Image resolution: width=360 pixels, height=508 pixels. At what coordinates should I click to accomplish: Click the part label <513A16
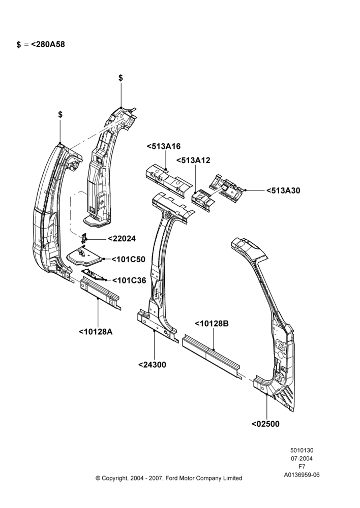click(x=163, y=146)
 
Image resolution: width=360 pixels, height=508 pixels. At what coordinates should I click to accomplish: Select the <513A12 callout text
click(x=193, y=161)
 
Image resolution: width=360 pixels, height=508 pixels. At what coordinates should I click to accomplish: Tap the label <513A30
click(x=283, y=190)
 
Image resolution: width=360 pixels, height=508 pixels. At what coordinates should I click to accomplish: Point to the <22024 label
click(x=122, y=239)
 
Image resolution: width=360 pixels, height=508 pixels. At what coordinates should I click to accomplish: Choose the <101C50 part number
click(x=129, y=260)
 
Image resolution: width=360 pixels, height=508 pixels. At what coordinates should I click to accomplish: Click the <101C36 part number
click(x=129, y=280)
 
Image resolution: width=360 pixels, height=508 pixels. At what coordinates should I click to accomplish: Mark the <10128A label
click(x=96, y=332)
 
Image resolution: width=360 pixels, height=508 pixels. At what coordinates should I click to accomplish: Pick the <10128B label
click(x=212, y=324)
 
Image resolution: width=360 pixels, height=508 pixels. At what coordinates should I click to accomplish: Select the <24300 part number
click(x=152, y=365)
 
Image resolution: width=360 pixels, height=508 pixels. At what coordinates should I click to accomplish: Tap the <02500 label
click(x=265, y=424)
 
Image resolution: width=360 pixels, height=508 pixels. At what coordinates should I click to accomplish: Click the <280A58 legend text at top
click(x=48, y=44)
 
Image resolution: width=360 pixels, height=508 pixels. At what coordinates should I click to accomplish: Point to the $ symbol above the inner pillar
click(x=121, y=78)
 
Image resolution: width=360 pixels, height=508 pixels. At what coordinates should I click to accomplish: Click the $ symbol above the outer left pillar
click(x=61, y=114)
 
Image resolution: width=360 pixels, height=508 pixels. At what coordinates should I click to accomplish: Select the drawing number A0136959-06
click(x=302, y=475)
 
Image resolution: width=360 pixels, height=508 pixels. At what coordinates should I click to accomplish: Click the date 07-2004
click(x=302, y=458)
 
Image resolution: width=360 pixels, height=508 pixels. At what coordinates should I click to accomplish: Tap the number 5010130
click(x=302, y=450)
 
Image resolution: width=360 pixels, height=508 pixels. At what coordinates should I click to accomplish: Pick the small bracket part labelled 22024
click(x=84, y=238)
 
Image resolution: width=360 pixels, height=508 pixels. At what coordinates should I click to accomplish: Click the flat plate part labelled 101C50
click(x=84, y=256)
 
